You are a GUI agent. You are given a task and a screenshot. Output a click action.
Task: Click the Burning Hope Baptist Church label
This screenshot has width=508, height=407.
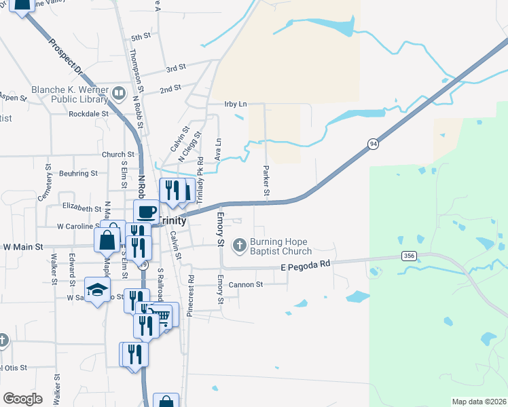[x=278, y=247]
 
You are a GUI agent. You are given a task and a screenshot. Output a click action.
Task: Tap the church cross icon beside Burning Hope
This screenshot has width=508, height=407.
[x=239, y=245]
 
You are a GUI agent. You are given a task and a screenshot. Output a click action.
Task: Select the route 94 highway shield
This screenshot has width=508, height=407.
[x=373, y=144]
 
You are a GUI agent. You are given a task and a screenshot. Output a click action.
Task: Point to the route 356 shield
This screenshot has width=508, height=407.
[x=408, y=256]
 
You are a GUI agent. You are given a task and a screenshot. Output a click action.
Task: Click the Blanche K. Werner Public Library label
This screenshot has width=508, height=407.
[x=71, y=96]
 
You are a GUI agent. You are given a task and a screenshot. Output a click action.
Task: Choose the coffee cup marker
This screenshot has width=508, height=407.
[x=147, y=212]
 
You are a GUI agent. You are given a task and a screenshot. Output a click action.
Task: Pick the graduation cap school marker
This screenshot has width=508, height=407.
[x=98, y=289]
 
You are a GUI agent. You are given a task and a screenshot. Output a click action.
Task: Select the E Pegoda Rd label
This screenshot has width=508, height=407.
[x=305, y=267]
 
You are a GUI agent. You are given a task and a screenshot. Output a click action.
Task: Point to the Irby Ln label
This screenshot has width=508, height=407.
[x=235, y=104]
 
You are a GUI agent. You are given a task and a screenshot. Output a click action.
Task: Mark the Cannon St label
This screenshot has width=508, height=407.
[x=246, y=285]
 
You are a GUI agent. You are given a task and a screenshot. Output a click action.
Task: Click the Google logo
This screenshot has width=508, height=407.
[x=23, y=399]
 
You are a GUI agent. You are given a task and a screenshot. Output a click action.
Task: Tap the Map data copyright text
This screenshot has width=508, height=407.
[x=479, y=402]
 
